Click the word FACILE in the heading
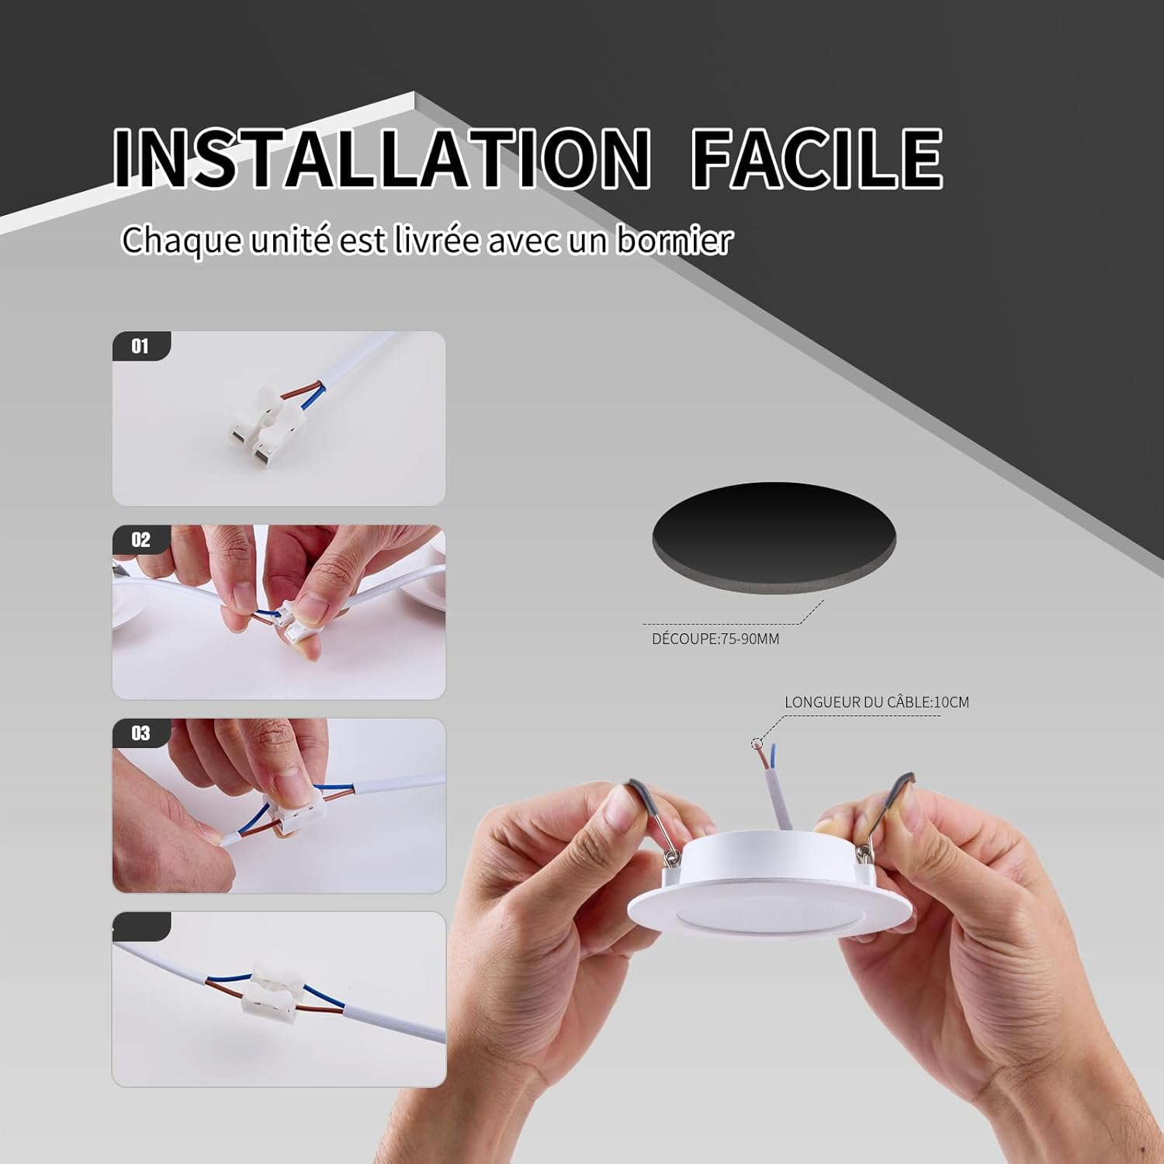[817, 158]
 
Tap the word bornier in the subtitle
[674, 240]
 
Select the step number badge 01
[140, 346]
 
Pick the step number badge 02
[140, 539]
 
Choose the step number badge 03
[140, 733]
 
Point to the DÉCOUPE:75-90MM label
[715, 639]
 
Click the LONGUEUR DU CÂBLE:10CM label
[877, 702]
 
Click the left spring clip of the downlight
[653, 819]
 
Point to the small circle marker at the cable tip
[757, 743]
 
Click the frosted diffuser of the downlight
[766, 919]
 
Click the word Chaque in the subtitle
[182, 240]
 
